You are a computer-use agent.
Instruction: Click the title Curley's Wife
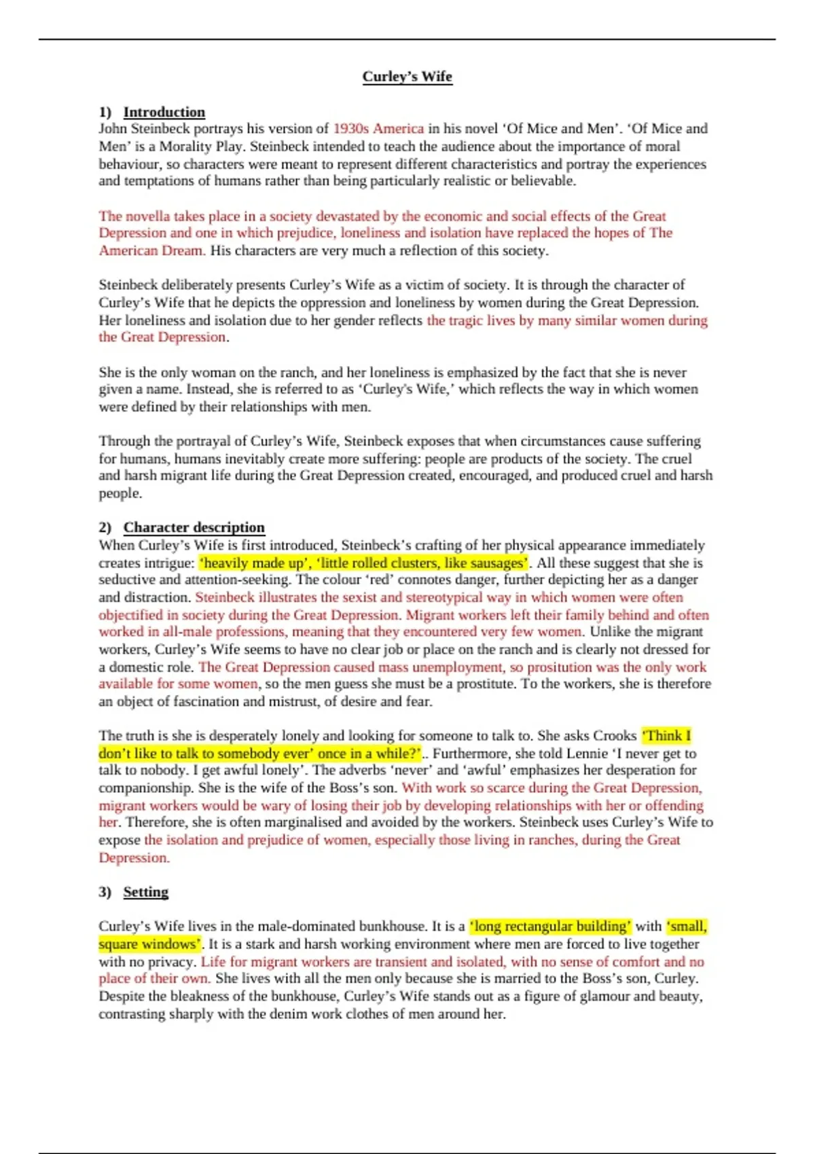[407, 77]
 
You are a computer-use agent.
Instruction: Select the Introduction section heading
[164, 112]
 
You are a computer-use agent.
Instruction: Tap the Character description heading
[194, 527]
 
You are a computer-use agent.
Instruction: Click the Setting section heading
[145, 892]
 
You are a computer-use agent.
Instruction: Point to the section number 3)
[105, 892]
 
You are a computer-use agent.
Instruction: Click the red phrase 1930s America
[378, 129]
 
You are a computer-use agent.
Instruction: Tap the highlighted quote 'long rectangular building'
[550, 927]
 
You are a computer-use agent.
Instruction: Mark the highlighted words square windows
[149, 944]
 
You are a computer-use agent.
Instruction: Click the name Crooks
[615, 736]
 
